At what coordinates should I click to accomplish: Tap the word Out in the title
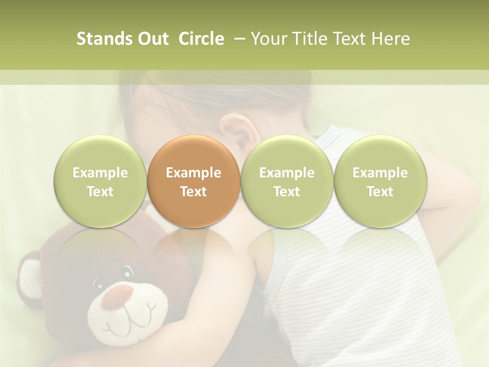point(151,39)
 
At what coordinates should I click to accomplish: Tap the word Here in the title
point(390,39)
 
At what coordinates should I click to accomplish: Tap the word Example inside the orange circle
point(194,173)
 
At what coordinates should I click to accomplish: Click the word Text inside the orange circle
point(194,192)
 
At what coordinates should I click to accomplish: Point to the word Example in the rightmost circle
point(380,173)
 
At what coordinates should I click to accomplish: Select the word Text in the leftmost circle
point(100,192)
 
